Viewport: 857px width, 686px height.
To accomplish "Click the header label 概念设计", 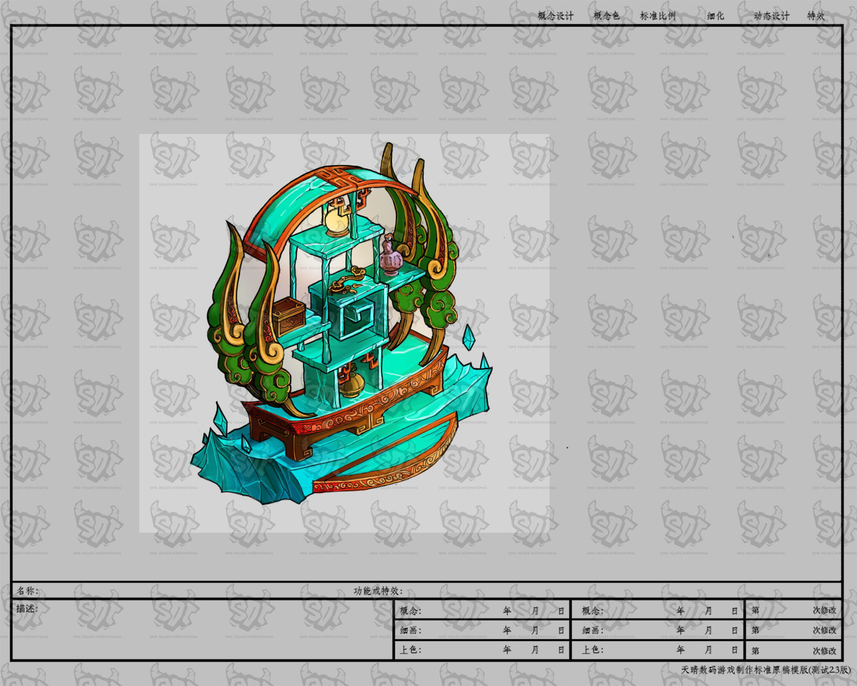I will [555, 16].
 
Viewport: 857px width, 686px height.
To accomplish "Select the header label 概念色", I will [606, 16].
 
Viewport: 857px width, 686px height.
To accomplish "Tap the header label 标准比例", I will [658, 16].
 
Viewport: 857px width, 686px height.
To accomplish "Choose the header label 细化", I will [716, 16].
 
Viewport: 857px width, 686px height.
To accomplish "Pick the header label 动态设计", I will [771, 16].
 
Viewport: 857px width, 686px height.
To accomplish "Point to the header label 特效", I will [816, 16].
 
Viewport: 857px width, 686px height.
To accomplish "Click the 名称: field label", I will [27, 591].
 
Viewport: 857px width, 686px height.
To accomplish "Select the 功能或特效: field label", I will [378, 591].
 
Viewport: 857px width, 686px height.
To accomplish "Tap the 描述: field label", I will [27, 608].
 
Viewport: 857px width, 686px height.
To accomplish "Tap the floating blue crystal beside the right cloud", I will [469, 337].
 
